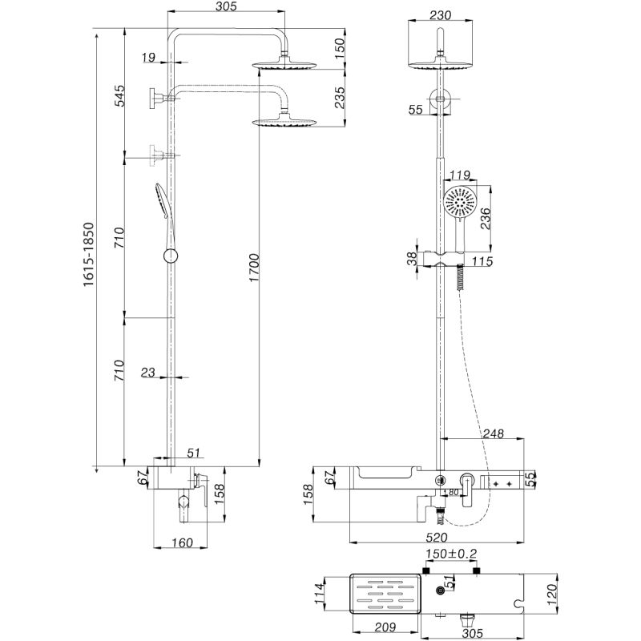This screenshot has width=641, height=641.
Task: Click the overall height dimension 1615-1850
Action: pyautogui.click(x=90, y=251)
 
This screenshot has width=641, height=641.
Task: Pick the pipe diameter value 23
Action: pyautogui.click(x=147, y=372)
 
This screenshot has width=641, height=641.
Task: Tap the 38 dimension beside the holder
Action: pyautogui.click(x=412, y=259)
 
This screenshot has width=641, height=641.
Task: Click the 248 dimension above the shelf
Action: pyautogui.click(x=495, y=433)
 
